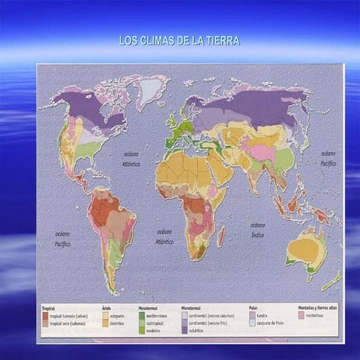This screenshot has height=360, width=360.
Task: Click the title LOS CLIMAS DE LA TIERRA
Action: [179, 40]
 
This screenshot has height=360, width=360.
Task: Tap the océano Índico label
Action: [257, 229]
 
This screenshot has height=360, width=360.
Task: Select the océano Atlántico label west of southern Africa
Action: [164, 236]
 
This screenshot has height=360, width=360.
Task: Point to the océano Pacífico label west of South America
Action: [62, 239]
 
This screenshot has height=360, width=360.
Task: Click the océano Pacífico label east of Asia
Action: [328, 157]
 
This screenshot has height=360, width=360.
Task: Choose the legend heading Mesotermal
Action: [148, 308]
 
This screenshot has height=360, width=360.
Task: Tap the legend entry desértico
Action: [118, 323]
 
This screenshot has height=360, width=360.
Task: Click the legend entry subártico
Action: [199, 331]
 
